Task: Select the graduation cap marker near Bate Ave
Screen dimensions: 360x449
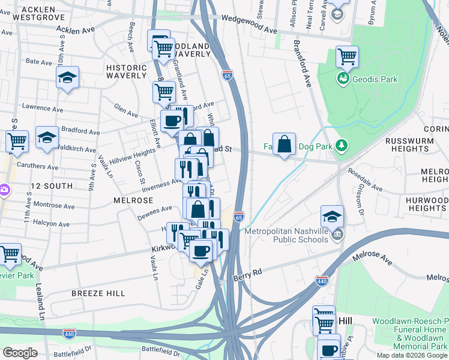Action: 68,77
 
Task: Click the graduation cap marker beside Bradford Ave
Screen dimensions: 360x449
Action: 47,137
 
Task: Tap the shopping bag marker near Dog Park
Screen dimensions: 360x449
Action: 285,145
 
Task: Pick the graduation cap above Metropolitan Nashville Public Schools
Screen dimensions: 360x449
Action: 332,217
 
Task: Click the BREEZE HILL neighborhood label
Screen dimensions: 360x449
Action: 98,293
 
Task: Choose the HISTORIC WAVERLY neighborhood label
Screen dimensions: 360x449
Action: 126,71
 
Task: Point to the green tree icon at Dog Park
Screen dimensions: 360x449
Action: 341,146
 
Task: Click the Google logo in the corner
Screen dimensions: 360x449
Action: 20,353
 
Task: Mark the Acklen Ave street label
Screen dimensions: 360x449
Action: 77,29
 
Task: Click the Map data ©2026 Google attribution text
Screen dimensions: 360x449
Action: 411,355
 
